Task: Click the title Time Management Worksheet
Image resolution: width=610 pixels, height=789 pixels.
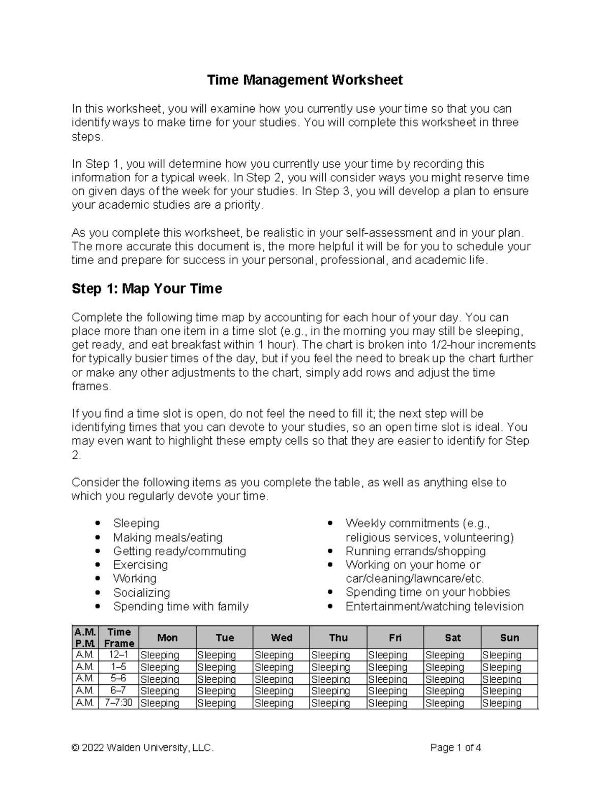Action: click(304, 80)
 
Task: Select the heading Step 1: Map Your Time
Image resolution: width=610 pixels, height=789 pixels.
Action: click(147, 289)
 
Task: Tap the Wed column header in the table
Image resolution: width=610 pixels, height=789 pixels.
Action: click(281, 638)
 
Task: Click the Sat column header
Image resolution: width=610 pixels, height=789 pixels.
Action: click(452, 638)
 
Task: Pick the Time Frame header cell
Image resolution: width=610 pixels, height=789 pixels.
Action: click(119, 638)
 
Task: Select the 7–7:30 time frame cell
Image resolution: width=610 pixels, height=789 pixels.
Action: click(119, 703)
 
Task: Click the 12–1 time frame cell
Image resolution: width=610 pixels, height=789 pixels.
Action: click(119, 655)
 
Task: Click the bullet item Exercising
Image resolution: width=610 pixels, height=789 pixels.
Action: click(140, 565)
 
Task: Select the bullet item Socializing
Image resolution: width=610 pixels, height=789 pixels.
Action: click(141, 592)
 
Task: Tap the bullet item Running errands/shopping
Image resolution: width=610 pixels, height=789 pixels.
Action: click(415, 551)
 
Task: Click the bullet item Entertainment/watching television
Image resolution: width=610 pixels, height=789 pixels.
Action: click(434, 606)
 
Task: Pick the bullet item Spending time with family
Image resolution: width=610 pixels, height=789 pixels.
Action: click(180, 606)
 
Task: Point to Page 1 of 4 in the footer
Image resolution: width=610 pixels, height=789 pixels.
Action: click(455, 748)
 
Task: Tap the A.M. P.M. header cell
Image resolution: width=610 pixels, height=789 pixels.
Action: click(85, 638)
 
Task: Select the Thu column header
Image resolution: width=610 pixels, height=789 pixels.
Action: click(338, 638)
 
